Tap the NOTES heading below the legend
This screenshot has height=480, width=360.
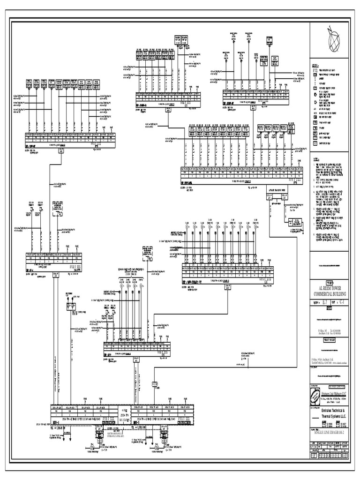317,160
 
